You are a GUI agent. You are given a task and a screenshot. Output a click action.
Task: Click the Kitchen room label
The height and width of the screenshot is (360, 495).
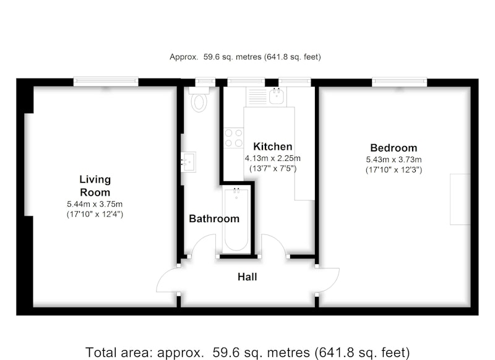(273, 147)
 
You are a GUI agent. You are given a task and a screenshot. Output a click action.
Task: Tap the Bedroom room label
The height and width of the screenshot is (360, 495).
(394, 148)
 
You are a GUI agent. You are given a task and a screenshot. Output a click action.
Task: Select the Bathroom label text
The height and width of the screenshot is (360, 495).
(214, 218)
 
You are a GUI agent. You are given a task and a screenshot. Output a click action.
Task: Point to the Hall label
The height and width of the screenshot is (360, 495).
(247, 277)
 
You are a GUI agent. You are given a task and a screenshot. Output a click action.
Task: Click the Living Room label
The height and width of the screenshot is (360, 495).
(95, 186)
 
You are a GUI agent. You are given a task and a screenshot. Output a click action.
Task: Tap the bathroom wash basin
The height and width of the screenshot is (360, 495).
(189, 162)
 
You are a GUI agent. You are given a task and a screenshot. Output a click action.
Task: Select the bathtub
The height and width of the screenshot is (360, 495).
(236, 220)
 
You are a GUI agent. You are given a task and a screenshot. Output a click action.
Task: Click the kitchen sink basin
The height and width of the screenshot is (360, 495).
(277, 96)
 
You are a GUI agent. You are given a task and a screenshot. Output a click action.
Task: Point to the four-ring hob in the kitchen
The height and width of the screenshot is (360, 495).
(234, 138)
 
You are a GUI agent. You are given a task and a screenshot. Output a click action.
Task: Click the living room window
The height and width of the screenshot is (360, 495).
(106, 82)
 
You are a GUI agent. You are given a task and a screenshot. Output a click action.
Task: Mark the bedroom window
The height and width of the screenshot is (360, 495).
(399, 82)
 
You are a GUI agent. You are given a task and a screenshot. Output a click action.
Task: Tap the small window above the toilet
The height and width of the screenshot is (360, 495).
(205, 82)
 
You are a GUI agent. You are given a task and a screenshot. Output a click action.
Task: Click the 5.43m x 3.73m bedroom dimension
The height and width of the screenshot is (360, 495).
(394, 160)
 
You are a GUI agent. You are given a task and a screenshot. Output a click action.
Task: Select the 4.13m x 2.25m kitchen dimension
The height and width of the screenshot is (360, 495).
(273, 158)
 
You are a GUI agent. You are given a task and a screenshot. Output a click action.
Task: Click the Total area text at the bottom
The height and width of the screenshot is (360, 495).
(247, 352)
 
